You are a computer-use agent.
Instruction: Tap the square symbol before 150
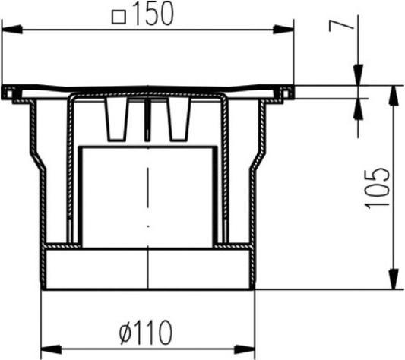point(119,16)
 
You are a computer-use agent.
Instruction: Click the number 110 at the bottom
point(154,333)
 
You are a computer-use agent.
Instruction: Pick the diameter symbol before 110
point(126,333)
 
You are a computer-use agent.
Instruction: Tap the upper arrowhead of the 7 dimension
point(358,77)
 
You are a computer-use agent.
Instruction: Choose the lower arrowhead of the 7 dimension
point(358,107)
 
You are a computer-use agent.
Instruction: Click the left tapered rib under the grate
point(116,120)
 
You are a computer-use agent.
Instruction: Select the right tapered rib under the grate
point(177,120)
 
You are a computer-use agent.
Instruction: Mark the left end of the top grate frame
point(8,93)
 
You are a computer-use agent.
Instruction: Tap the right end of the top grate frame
point(286,93)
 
